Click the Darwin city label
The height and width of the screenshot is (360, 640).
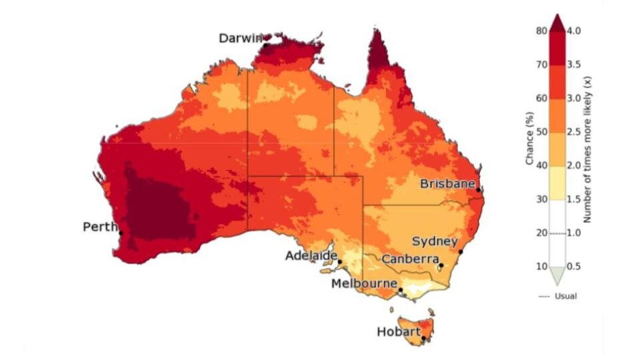[241, 39]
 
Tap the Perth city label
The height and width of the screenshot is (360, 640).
[99, 227]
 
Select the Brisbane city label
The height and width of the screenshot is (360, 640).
[447, 183]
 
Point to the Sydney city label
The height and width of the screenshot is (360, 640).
[435, 241]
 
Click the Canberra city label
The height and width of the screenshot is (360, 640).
[410, 259]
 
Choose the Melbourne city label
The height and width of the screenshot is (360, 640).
[365, 283]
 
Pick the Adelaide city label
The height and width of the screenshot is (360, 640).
[310, 255]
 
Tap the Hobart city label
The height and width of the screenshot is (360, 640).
[398, 331]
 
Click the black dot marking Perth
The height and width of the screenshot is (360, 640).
[121, 233]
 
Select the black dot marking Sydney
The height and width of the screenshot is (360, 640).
[461, 251]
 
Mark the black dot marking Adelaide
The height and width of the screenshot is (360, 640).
[339, 262]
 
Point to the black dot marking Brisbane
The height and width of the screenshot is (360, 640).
[479, 190]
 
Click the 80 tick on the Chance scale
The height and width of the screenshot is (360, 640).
[541, 31]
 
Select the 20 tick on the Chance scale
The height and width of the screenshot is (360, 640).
[541, 233]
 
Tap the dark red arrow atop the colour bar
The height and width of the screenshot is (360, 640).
[557, 22]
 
